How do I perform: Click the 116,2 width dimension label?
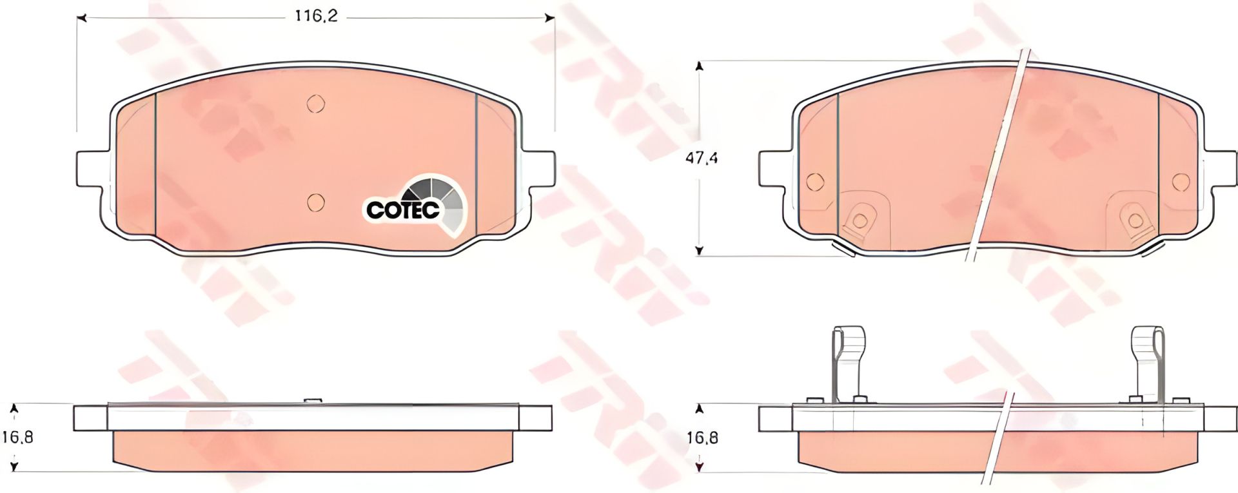point(316,16)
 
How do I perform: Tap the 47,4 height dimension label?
point(701,158)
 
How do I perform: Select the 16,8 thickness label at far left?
point(17,437)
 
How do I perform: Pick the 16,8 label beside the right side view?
point(702,438)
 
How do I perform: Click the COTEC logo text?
point(402,209)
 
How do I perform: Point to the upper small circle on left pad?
point(315,104)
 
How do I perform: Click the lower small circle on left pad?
point(315,202)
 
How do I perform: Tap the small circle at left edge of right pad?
point(815,182)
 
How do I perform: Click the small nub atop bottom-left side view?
point(312,401)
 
